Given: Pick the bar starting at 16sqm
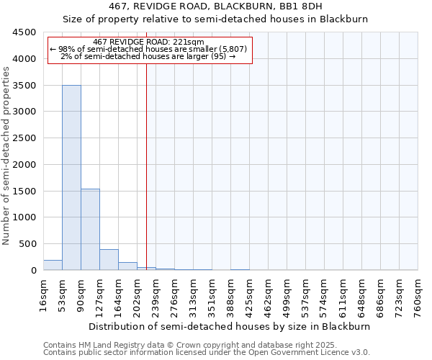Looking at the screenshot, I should pos(53,265).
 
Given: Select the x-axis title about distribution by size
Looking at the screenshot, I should pos(230,326).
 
